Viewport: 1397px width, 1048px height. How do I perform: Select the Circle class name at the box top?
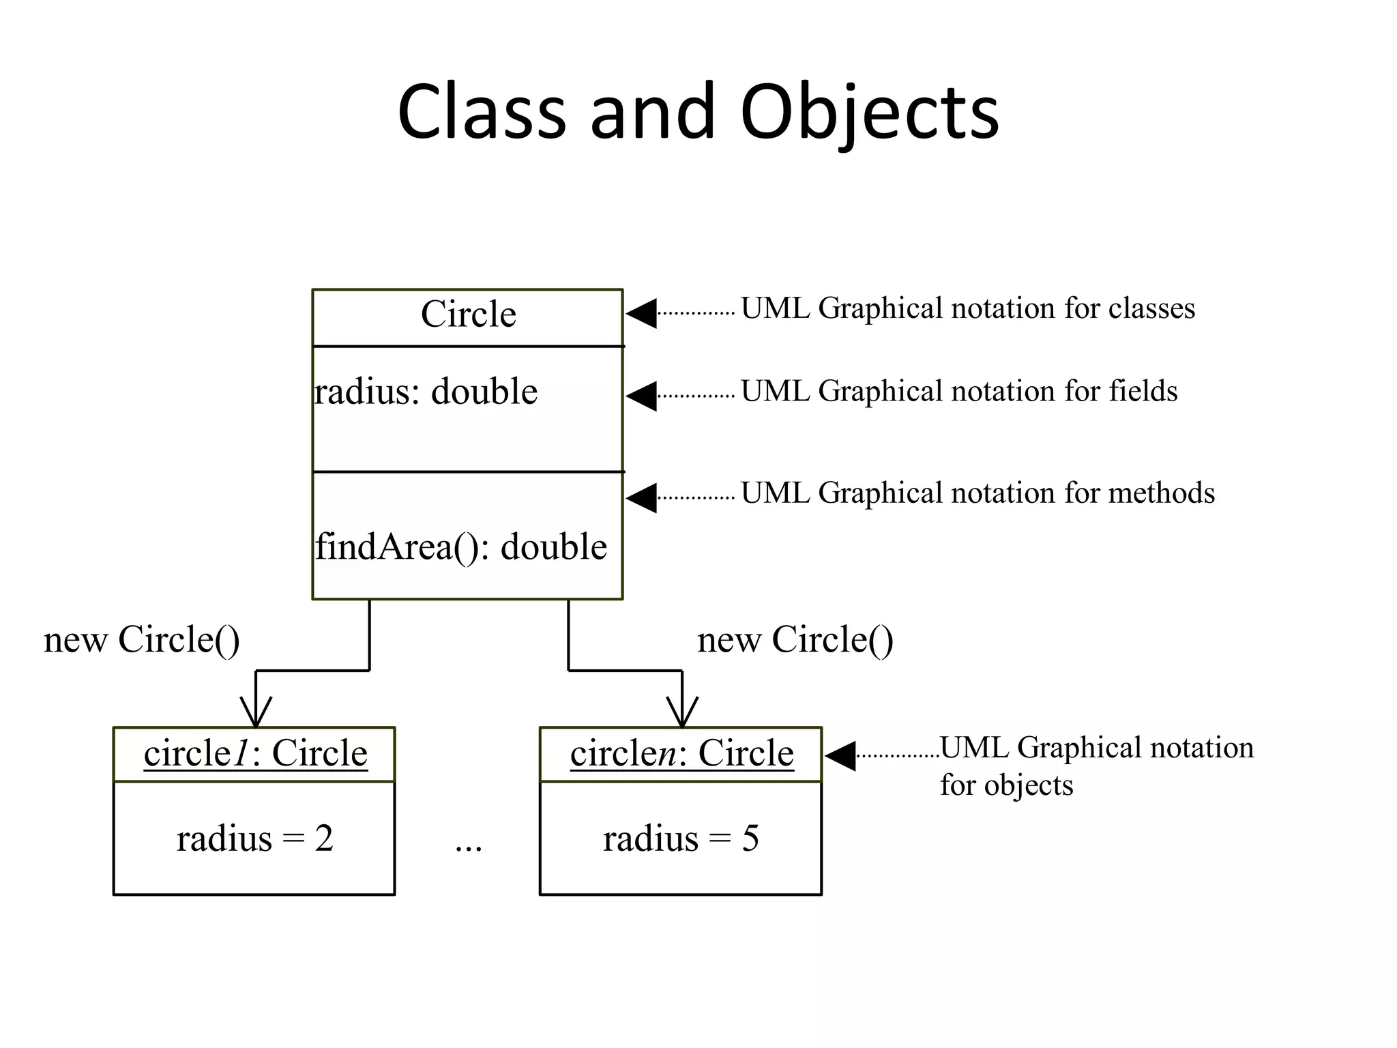tap(469, 315)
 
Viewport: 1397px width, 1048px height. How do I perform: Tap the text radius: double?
tap(426, 392)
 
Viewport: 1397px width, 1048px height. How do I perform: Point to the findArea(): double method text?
tap(461, 547)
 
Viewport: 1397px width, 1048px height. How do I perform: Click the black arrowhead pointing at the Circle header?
tap(642, 313)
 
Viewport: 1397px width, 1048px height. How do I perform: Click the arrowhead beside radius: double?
tap(642, 396)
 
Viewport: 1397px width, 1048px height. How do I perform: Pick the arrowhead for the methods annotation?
tap(642, 498)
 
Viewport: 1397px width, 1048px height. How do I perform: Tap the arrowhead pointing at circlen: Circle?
tap(840, 755)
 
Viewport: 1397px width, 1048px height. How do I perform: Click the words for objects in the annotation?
tap(1006, 785)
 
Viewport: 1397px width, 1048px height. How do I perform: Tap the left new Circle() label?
tap(142, 640)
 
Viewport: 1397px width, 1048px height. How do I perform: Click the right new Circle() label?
tap(795, 640)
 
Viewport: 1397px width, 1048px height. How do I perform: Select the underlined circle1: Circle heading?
tap(256, 754)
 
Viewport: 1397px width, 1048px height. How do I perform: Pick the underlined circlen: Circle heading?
tap(682, 754)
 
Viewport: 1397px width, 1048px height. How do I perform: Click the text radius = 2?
tap(255, 839)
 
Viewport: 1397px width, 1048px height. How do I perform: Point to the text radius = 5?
tap(681, 839)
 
